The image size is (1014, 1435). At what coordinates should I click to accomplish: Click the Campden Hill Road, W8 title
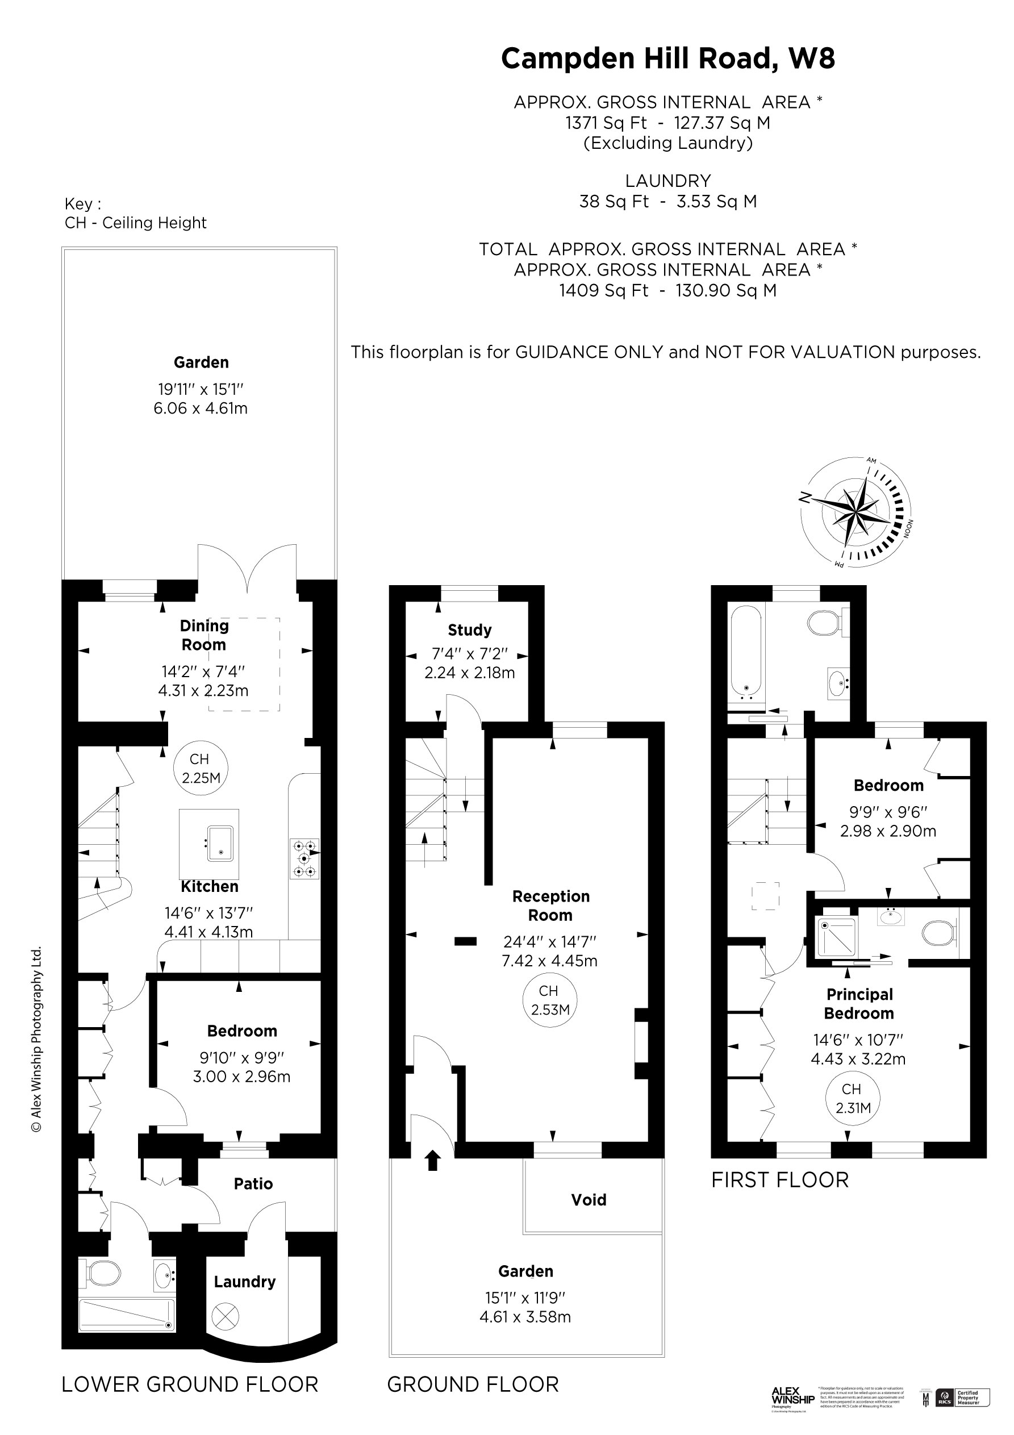667,58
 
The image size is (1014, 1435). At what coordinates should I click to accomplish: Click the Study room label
469,630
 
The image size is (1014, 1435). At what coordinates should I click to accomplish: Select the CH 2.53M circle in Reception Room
549,1000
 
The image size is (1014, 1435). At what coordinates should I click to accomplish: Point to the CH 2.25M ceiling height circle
201,768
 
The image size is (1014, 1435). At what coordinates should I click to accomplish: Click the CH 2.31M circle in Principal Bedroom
852,1098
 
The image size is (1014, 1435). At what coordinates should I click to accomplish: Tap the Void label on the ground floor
589,1199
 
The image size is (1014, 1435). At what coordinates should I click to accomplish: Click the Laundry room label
244,1282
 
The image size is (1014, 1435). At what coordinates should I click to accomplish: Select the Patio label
253,1183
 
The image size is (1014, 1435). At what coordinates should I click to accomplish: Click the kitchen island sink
220,843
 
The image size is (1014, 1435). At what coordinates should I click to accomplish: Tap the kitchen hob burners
304,858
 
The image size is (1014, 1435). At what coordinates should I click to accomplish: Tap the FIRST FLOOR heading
780,1180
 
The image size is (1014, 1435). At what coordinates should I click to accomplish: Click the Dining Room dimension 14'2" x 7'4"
203,671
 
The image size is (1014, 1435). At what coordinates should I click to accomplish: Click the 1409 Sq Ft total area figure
603,291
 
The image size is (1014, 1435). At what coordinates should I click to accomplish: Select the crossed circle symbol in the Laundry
225,1317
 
